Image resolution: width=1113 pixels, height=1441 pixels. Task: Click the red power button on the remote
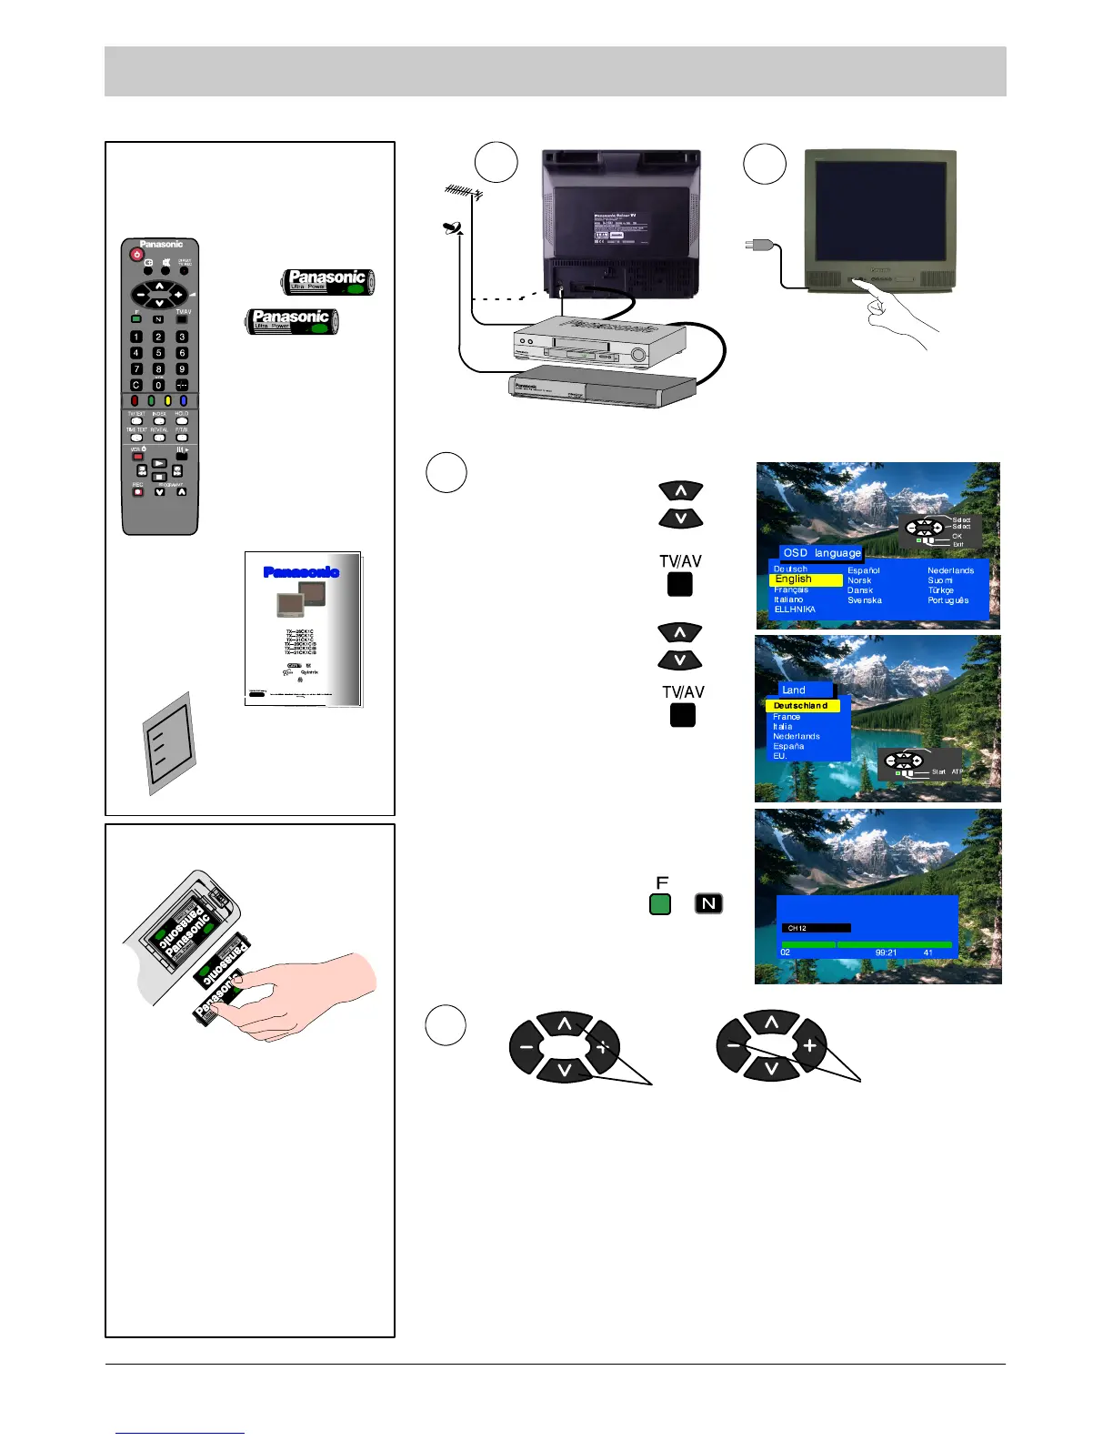click(136, 257)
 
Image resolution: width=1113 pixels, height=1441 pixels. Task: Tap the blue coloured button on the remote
click(183, 400)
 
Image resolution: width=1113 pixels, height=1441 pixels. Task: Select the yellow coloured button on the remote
click(167, 400)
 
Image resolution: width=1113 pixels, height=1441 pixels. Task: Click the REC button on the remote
click(138, 492)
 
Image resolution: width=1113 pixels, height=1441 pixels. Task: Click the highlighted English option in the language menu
click(805, 579)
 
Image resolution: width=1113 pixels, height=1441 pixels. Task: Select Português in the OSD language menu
click(948, 600)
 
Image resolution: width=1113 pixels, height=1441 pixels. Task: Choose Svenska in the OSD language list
click(865, 600)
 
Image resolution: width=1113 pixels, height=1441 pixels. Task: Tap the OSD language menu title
click(821, 552)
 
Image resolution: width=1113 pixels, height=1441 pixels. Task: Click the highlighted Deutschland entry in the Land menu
click(802, 706)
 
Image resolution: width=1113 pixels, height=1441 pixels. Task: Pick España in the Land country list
click(788, 746)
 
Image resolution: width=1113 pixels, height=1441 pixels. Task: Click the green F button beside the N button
click(660, 904)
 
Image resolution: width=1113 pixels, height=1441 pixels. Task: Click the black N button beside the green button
click(708, 904)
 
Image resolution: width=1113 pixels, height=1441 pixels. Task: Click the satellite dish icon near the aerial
click(453, 227)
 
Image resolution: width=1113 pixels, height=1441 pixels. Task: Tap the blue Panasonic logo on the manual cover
click(301, 572)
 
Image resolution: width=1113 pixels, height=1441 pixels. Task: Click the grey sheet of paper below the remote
click(170, 741)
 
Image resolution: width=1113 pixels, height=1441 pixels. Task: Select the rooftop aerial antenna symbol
click(463, 193)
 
